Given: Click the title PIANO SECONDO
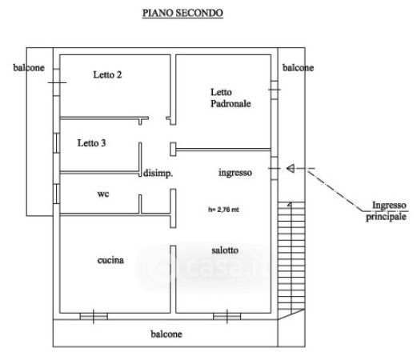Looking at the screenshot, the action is click(182, 13).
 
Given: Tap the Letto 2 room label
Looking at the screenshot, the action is click(107, 74).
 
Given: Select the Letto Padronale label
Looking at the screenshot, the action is click(231, 98).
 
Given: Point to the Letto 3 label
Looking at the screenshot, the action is click(91, 143).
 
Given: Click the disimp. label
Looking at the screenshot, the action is click(158, 174).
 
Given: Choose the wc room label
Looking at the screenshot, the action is click(103, 194).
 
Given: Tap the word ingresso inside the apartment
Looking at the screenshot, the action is click(235, 173).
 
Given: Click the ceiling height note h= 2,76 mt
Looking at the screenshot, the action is click(223, 210).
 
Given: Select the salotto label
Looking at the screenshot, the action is click(225, 250).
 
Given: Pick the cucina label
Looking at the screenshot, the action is click(110, 260).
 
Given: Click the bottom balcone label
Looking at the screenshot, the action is click(166, 334).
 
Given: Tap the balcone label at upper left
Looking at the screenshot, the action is click(29, 68).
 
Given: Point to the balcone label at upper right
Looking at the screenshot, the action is click(298, 68).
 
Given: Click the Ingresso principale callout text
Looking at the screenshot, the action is click(387, 211).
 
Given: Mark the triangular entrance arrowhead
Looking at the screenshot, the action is click(291, 168).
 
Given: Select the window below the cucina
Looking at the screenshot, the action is click(94, 316).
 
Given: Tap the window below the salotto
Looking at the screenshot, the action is click(227, 316).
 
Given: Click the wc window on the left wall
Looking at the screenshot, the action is click(56, 194).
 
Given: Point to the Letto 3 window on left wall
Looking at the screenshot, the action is click(56, 143).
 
